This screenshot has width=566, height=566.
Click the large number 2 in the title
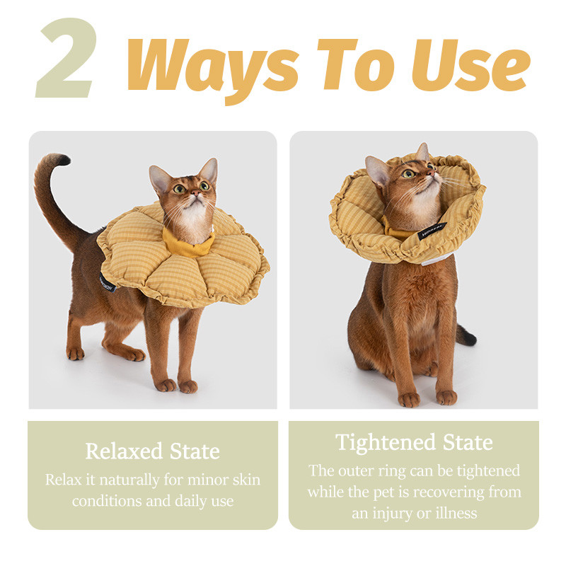point(67,58)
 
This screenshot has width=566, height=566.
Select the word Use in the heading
point(471,65)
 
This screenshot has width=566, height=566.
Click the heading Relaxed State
point(152,451)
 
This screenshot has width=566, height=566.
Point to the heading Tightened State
point(414,443)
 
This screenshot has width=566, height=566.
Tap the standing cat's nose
point(195,193)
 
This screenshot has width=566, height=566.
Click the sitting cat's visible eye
point(409,174)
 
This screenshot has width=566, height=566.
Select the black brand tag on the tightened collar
point(432,231)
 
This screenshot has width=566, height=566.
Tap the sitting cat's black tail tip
point(469,337)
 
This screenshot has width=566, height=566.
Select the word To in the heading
point(356,65)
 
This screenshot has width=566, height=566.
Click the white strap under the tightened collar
point(437,259)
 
